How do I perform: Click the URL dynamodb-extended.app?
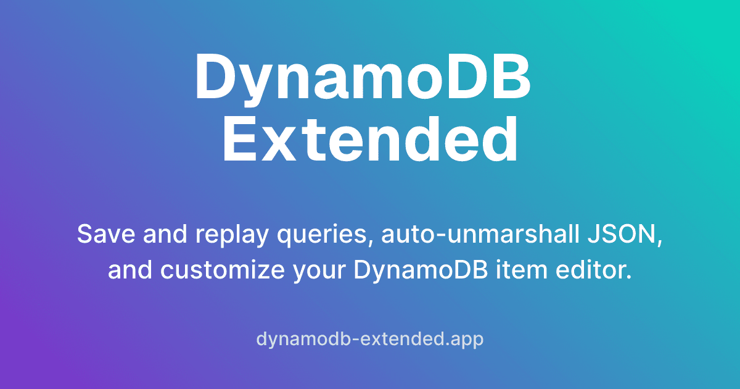[369, 339]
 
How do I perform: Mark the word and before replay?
[155, 235]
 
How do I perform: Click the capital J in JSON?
[593, 235]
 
